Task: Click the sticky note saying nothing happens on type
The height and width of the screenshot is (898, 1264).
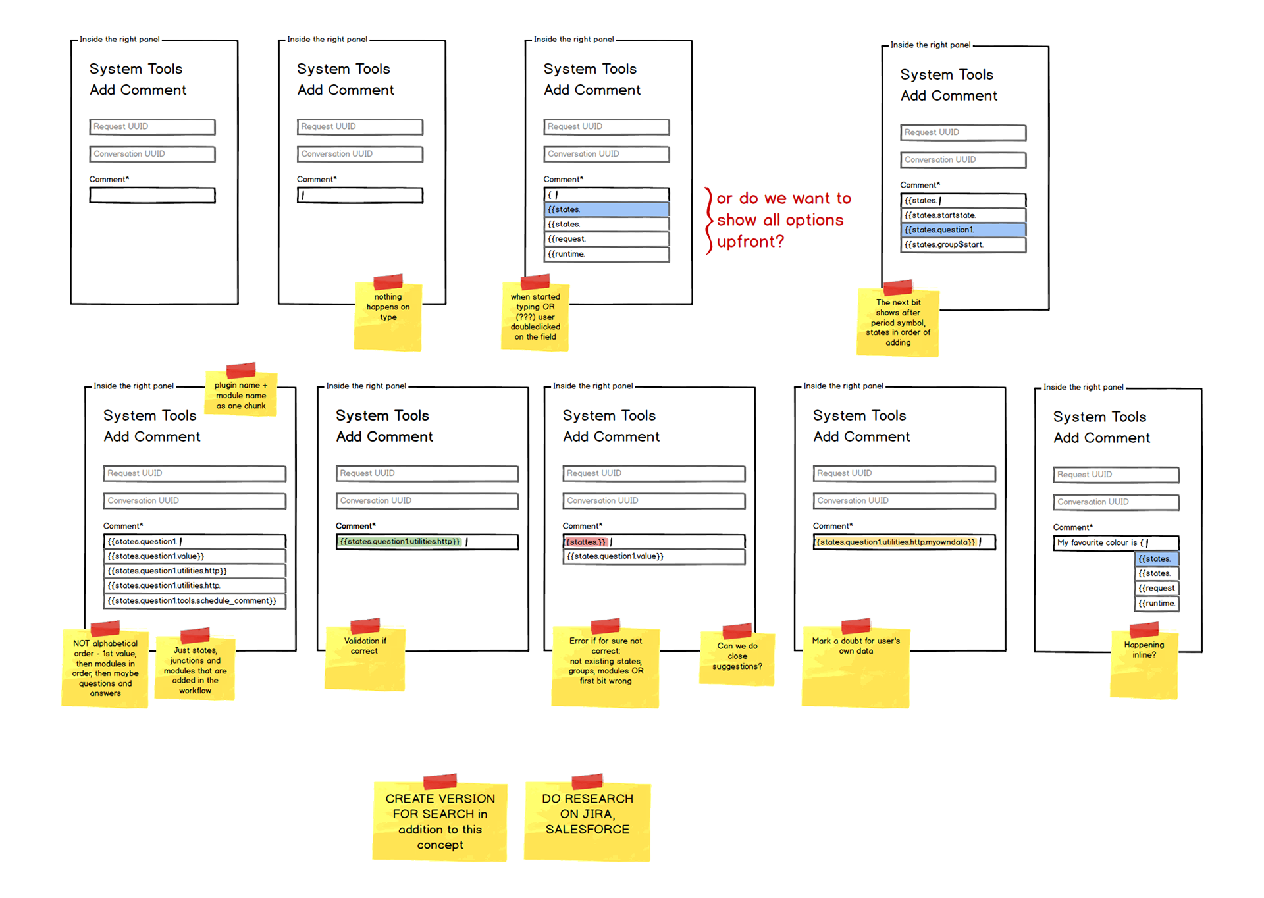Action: coord(388,313)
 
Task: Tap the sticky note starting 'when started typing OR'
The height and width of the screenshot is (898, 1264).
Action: coord(535,317)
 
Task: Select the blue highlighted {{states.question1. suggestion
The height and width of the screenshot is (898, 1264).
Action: coord(962,230)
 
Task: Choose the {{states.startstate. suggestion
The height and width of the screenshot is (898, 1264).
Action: coord(962,215)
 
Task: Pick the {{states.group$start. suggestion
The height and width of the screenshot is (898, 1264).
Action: coord(962,245)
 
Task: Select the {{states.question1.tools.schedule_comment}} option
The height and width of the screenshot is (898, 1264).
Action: coord(194,601)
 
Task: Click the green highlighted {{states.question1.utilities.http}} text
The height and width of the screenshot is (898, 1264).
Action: coord(400,542)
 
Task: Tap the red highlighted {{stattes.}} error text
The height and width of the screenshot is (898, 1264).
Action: coord(585,542)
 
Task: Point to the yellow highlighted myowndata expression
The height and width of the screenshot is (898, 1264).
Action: coord(895,542)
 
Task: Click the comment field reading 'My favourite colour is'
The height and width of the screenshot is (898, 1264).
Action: coord(1115,543)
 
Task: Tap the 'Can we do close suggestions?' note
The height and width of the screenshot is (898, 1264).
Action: coord(737,657)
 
